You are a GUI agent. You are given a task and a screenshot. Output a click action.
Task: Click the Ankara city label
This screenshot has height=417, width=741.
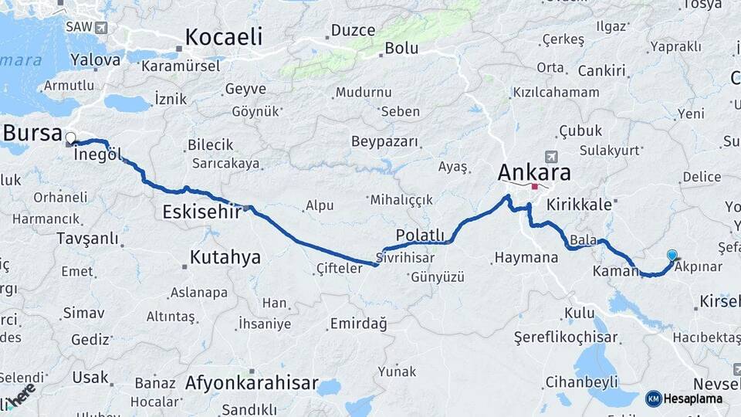point(534,171)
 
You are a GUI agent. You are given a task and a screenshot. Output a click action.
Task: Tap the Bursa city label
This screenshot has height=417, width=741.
point(32,132)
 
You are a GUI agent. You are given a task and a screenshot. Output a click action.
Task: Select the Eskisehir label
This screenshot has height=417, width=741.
point(202,212)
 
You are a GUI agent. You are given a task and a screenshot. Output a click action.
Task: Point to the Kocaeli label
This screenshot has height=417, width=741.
point(224,36)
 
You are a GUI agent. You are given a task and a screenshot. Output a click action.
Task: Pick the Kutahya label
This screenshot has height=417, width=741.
point(225,257)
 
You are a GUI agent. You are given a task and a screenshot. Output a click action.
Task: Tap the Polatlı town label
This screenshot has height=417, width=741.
point(421,235)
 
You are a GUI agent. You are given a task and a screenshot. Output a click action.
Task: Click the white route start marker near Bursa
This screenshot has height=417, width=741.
point(71,139)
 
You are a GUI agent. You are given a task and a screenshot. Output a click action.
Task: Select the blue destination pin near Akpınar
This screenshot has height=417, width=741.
point(672,256)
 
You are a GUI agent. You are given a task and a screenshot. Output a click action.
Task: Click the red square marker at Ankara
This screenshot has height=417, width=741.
point(534,186)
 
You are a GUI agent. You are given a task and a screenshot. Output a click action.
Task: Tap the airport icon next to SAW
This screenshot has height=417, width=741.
point(101,28)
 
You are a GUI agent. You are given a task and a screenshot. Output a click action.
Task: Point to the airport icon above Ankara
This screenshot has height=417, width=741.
point(550,156)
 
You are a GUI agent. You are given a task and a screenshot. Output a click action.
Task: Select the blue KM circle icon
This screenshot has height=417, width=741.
point(654,398)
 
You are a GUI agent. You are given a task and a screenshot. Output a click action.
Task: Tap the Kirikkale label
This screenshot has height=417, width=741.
point(578,205)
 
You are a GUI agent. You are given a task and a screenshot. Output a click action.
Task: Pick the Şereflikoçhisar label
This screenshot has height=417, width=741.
point(567,337)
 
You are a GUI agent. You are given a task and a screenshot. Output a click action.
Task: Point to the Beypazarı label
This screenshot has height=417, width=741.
point(384,141)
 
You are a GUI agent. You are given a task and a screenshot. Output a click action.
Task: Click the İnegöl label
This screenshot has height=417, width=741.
point(98,154)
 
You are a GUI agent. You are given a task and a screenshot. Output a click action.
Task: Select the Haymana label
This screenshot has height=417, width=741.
point(526,257)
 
